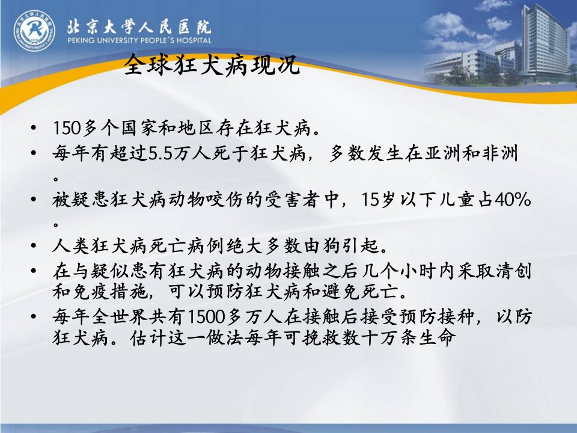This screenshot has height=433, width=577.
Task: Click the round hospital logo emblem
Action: (34, 30)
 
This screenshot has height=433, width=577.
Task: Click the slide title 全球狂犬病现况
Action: (212, 65)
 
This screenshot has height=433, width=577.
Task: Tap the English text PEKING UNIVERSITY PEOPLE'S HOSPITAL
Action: (139, 40)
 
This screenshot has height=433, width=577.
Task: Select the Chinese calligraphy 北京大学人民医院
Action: (139, 26)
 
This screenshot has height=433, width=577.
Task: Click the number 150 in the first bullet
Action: (67, 128)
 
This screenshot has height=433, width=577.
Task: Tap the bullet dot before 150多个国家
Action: (34, 129)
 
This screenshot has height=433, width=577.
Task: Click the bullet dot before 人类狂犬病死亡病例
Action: (34, 247)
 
